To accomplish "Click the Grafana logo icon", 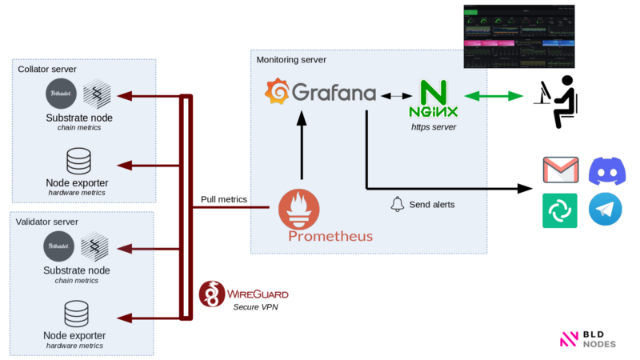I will point(277,94).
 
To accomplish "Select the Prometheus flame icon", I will point(299,210).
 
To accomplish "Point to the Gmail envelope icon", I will point(560,171).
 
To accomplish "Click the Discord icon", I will point(607,171).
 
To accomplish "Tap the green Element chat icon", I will point(560,210).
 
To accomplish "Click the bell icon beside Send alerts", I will point(397,204).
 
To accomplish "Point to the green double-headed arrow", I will point(494,96).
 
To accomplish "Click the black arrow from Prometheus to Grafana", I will point(302,147).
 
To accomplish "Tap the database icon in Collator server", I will point(78,160).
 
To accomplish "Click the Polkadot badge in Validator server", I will point(60,246).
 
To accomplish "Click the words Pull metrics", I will point(224,199).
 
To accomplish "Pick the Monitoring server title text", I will point(291,60).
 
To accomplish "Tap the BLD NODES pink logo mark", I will point(569,339).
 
